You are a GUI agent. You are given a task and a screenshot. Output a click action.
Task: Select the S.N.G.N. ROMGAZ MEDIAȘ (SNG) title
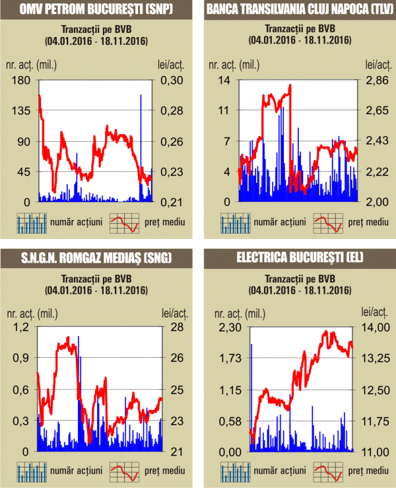click(x=96, y=258)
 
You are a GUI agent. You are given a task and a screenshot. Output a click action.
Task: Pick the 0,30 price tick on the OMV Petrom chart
click(x=175, y=80)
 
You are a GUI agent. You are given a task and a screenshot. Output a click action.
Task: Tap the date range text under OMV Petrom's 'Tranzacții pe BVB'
click(x=96, y=42)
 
